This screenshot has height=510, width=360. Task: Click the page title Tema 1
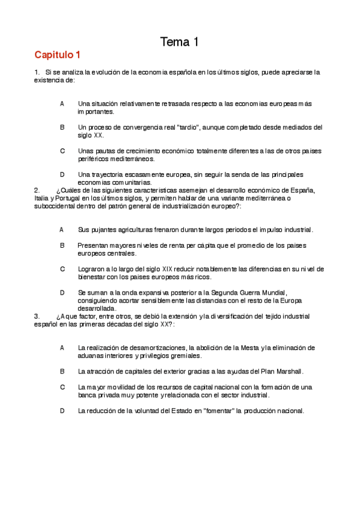[x=179, y=41]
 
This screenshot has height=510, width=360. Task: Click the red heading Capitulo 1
[x=57, y=55]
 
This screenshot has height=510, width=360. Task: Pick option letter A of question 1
[x=62, y=103]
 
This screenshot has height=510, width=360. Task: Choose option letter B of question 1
[x=62, y=127]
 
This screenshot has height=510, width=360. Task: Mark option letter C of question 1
[x=62, y=150]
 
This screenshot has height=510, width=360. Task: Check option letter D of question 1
[x=62, y=174]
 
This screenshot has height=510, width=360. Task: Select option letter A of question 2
[x=62, y=229]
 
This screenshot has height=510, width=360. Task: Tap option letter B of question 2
[x=62, y=245]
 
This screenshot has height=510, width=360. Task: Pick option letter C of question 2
[x=62, y=269]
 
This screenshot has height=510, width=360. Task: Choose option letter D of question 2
[x=62, y=292]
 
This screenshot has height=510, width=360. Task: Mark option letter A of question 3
[x=62, y=348]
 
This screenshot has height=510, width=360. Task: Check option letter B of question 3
[x=62, y=371]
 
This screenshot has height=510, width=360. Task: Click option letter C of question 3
[x=62, y=387]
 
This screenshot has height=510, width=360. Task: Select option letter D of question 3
[x=62, y=411]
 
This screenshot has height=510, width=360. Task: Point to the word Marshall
[x=289, y=371]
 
